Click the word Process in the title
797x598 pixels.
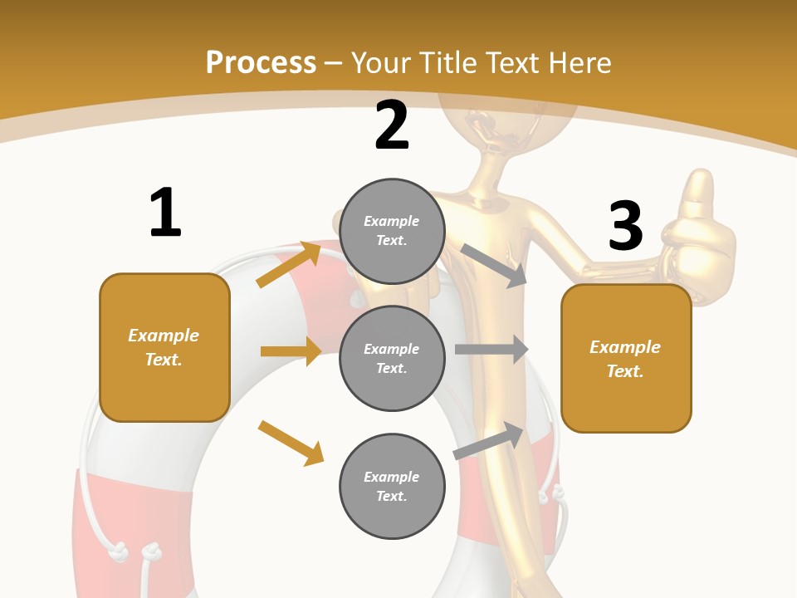(261, 63)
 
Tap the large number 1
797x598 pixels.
(165, 213)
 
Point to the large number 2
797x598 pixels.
(392, 125)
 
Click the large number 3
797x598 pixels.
(625, 225)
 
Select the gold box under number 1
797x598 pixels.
(164, 347)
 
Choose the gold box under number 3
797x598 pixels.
(626, 359)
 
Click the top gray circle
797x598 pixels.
(392, 231)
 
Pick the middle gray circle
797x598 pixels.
(392, 358)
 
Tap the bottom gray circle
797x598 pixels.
(392, 486)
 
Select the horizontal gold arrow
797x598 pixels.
(291, 351)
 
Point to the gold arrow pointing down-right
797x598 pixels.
(291, 443)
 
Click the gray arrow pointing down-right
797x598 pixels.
(494, 266)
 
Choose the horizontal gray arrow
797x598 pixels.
(491, 350)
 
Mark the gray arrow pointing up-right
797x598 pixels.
(489, 440)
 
